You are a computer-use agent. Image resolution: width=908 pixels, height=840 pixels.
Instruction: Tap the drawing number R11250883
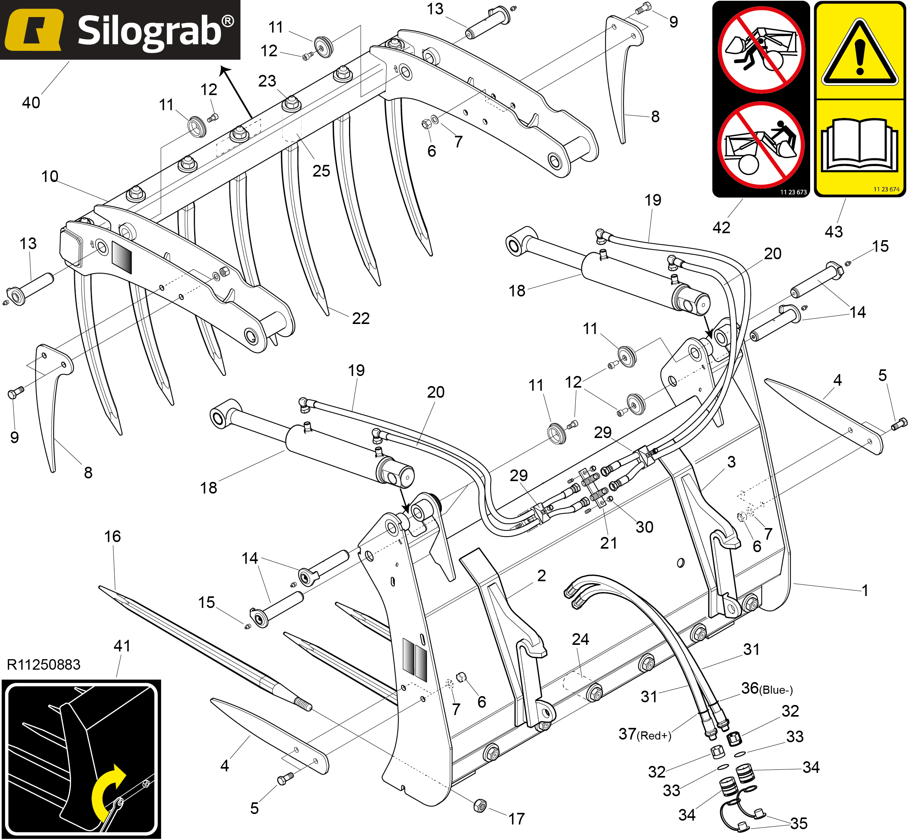[x=43, y=665]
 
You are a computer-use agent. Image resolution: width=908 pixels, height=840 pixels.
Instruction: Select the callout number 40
[x=31, y=103]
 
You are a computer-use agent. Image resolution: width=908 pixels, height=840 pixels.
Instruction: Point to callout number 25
[x=321, y=171]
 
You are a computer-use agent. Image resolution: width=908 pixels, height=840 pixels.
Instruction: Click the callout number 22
[x=361, y=318]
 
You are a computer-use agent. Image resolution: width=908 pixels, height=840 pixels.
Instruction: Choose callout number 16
[x=112, y=536]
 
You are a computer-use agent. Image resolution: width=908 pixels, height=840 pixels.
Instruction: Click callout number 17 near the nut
[x=516, y=819]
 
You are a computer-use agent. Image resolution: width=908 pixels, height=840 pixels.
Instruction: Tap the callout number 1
[x=865, y=591]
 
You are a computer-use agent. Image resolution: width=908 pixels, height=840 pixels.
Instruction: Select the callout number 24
[x=580, y=639]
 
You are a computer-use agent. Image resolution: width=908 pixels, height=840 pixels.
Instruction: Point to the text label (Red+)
[x=654, y=736]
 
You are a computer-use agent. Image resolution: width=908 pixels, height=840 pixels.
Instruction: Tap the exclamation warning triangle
[x=859, y=54]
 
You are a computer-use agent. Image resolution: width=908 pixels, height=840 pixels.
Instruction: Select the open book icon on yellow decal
[x=859, y=145]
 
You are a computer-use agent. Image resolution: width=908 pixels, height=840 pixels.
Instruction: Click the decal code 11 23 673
[x=793, y=192]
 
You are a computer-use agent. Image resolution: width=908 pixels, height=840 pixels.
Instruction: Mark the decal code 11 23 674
[x=886, y=189]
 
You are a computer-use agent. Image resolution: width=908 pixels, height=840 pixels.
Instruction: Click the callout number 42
[x=721, y=227]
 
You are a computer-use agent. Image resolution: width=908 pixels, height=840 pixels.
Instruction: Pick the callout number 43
[x=833, y=232]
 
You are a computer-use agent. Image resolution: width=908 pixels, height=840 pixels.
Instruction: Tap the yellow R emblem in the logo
[x=34, y=30]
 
